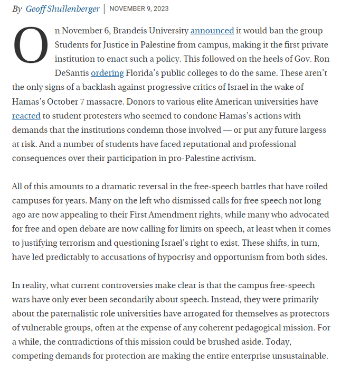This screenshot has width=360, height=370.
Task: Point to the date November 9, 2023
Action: [139, 9]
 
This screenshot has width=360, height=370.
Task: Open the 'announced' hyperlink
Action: [212, 31]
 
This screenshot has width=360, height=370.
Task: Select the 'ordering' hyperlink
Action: [107, 73]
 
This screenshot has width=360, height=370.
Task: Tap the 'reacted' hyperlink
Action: [26, 115]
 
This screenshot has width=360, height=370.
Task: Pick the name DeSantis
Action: [72, 73]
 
